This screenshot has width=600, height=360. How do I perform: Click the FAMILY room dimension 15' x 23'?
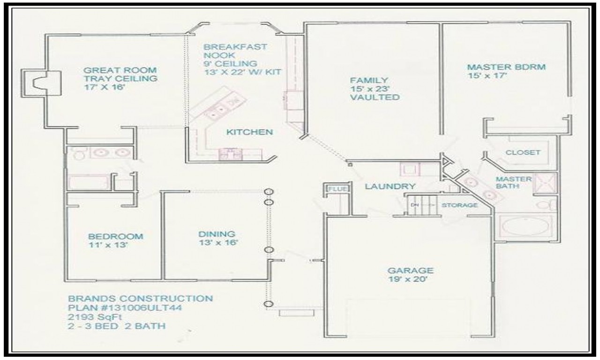(x=369, y=89)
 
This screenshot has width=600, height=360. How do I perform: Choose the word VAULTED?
(x=375, y=97)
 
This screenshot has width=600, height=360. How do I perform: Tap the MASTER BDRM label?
(x=506, y=67)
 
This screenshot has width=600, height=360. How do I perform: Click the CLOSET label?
(x=523, y=152)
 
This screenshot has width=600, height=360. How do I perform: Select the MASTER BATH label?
(x=514, y=183)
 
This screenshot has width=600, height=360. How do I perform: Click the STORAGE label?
(x=460, y=205)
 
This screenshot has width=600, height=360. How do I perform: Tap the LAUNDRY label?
(x=390, y=186)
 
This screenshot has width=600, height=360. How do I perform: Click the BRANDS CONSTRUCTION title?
(x=141, y=298)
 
